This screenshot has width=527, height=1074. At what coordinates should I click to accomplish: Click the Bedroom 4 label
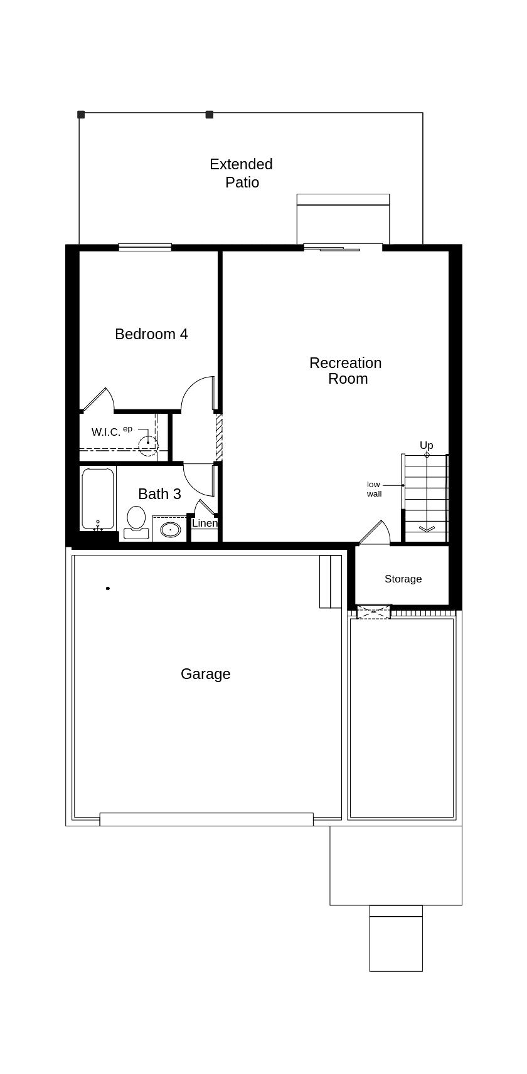[x=151, y=334]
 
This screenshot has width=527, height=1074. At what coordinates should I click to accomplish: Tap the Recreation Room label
[x=346, y=371]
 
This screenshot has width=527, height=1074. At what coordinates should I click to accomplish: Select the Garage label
[x=205, y=674]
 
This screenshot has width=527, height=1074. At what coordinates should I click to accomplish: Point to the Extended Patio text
[x=242, y=173]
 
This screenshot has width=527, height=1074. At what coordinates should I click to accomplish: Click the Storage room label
[x=403, y=579]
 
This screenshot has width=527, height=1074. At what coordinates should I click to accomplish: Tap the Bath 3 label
[x=159, y=494]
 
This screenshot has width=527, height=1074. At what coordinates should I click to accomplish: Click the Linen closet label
[x=205, y=523]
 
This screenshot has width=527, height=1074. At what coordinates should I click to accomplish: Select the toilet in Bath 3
[x=136, y=523]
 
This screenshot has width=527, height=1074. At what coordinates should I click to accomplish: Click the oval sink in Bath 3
[x=171, y=530]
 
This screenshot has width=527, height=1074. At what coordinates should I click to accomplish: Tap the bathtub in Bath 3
[x=98, y=498]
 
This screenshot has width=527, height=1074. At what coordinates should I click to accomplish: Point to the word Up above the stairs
[x=426, y=445]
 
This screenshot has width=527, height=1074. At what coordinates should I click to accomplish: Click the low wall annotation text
[x=374, y=489]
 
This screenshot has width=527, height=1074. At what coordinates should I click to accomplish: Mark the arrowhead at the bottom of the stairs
[x=426, y=529]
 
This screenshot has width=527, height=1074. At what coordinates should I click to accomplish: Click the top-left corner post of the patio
[x=81, y=115]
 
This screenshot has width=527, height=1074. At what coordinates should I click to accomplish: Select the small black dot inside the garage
[x=108, y=588]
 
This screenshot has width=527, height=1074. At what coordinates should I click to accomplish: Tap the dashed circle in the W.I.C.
[x=148, y=445]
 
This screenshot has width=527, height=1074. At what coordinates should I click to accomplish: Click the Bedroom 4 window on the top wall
[x=145, y=248]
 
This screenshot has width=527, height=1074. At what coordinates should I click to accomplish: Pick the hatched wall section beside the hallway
[x=219, y=437]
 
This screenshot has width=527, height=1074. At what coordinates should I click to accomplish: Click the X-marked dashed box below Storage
[x=374, y=613]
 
